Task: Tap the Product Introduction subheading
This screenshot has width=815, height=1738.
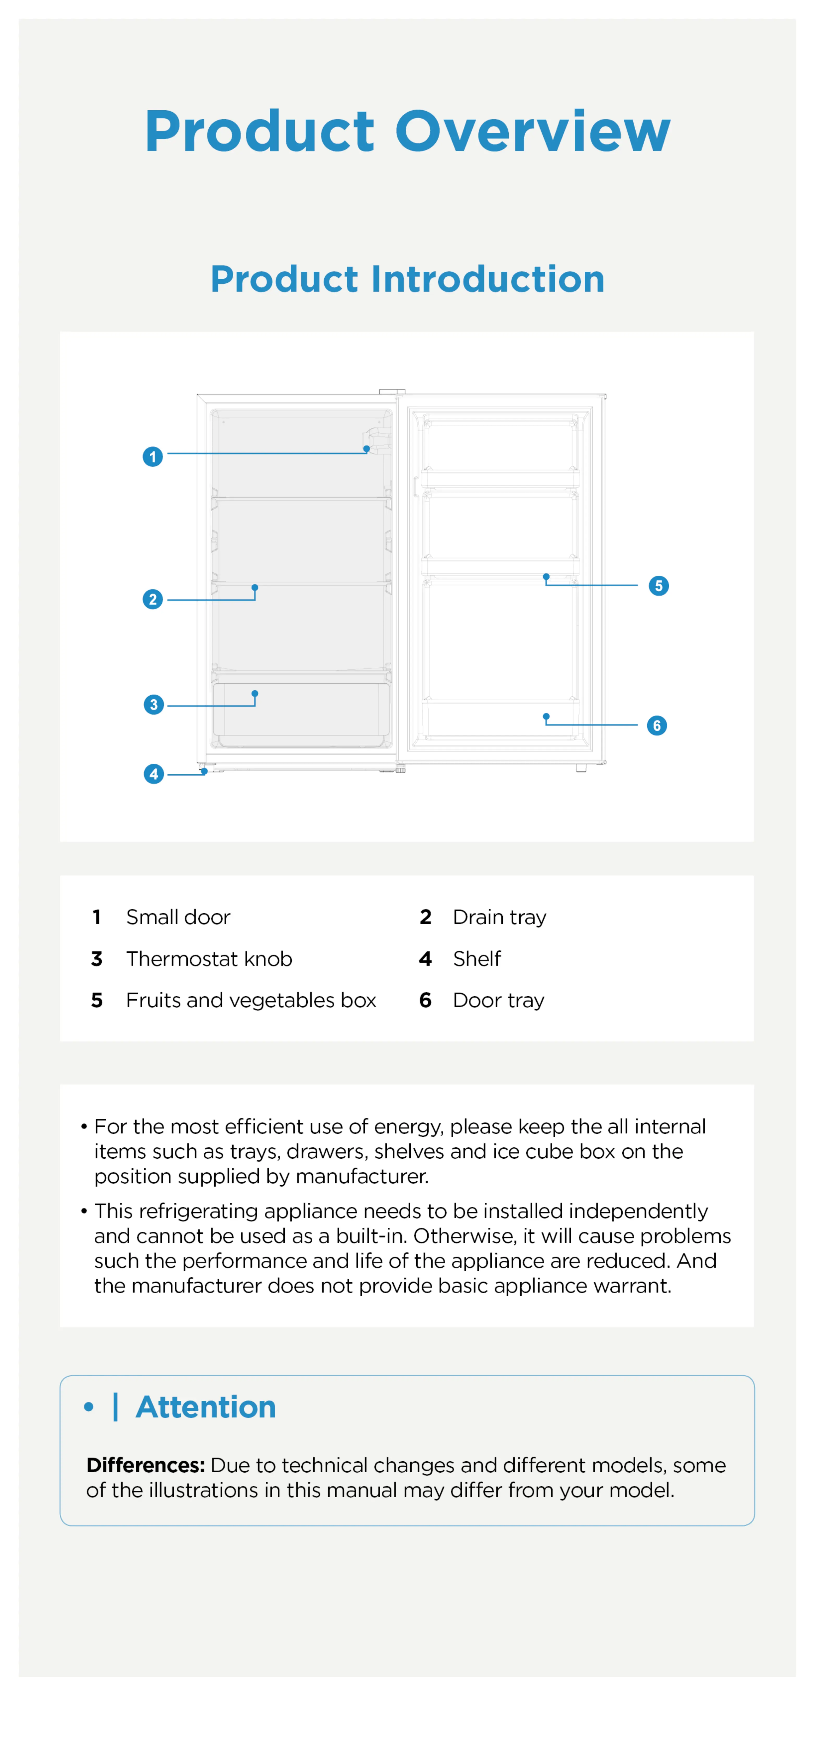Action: (x=408, y=279)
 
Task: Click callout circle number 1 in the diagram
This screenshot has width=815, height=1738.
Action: (x=153, y=457)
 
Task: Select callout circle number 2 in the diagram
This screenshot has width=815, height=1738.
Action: (x=153, y=599)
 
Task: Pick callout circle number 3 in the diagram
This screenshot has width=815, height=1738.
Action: (x=154, y=704)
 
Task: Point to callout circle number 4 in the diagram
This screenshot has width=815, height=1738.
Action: (x=154, y=774)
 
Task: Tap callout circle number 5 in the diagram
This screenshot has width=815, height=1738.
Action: (x=659, y=586)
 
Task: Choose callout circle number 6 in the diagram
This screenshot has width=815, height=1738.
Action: (x=656, y=725)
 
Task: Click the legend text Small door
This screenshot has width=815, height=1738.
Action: (x=178, y=917)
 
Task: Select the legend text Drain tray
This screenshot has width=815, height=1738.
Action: (x=499, y=917)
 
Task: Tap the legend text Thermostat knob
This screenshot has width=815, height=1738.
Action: (x=209, y=959)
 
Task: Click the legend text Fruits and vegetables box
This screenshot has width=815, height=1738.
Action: (x=251, y=1000)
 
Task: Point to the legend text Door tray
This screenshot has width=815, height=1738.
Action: (x=498, y=1000)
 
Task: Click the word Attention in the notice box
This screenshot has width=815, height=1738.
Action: (x=206, y=1407)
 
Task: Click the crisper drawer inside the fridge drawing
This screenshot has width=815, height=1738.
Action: (x=301, y=714)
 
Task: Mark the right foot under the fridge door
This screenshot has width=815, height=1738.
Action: (x=581, y=768)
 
